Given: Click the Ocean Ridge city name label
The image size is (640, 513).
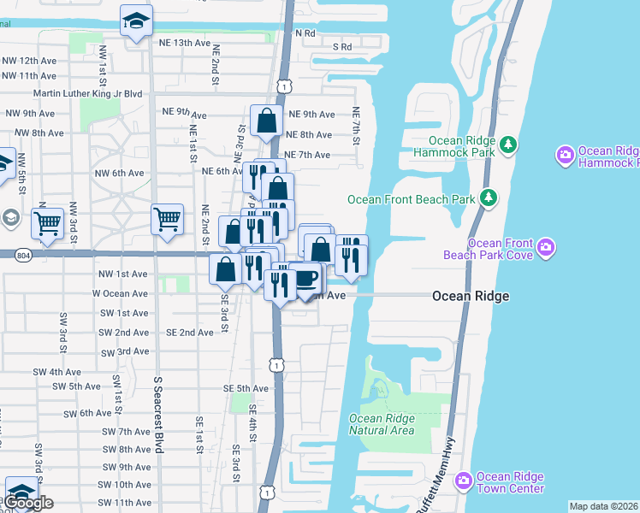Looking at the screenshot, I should pos(471,296).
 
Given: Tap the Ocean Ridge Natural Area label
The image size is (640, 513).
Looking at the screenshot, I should pos(382,424).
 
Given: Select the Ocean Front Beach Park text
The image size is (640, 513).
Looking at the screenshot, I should pos(411,199).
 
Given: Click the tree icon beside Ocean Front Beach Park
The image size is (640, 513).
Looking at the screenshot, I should pos(489,198).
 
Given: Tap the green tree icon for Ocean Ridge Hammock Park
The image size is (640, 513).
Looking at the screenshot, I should pos(507,144).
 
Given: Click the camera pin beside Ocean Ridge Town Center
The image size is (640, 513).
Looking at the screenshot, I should pos(464,481).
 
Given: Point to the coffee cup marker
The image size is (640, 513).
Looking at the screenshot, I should pos(305,279).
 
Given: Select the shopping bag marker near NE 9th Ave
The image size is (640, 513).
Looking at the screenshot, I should pos(266,121).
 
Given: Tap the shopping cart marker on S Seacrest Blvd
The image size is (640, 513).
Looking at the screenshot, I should pos(167,219).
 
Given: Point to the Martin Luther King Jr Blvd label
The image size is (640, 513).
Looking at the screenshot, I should pos(86,94).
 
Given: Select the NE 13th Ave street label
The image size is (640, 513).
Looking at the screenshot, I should pos(184,42).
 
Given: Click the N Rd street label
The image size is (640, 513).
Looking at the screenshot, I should pos(305,33).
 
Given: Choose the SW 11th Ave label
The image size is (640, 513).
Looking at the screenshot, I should pos(127,503).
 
